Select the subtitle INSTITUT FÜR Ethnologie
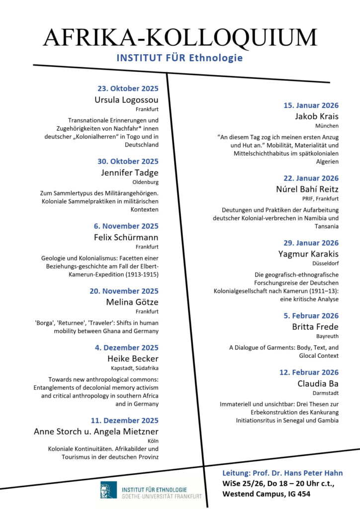180,58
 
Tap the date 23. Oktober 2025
128,89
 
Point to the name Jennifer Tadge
130,172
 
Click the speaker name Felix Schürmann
126,237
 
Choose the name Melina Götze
132,302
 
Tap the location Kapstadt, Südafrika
135,368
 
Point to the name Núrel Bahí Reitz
307,189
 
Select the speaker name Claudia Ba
318,383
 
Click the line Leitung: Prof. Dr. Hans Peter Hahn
282,473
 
